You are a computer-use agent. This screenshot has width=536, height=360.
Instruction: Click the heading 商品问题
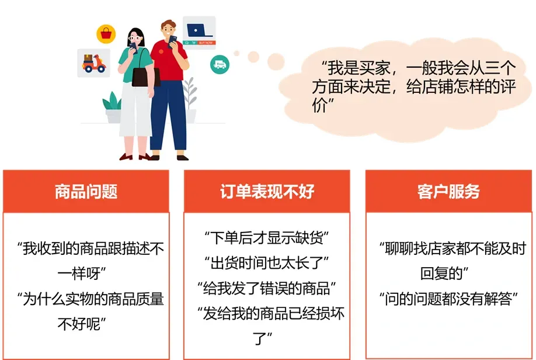click(x=86, y=191)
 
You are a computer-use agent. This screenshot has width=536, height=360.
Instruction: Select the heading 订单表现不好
click(x=267, y=191)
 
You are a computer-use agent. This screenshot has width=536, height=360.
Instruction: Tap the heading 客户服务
click(x=448, y=191)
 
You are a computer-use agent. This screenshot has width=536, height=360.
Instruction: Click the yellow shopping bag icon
click(x=106, y=34)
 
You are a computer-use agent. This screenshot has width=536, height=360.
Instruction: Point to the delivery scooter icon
click(x=93, y=63)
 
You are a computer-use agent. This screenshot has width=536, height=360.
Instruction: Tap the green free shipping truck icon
click(x=220, y=64)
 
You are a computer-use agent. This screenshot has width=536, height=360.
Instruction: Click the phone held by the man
click(x=173, y=41)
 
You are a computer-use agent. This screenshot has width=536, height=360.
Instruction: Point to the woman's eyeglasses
click(x=134, y=38)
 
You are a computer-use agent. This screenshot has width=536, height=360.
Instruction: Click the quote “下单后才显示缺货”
click(x=267, y=238)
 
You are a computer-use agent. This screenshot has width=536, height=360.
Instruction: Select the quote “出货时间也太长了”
click(x=267, y=263)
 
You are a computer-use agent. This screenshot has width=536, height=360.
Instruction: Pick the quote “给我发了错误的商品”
click(x=267, y=288)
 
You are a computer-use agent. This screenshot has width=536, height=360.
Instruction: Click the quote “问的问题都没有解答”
click(x=448, y=299)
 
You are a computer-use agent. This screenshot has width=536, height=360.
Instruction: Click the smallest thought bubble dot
click(x=236, y=53)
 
